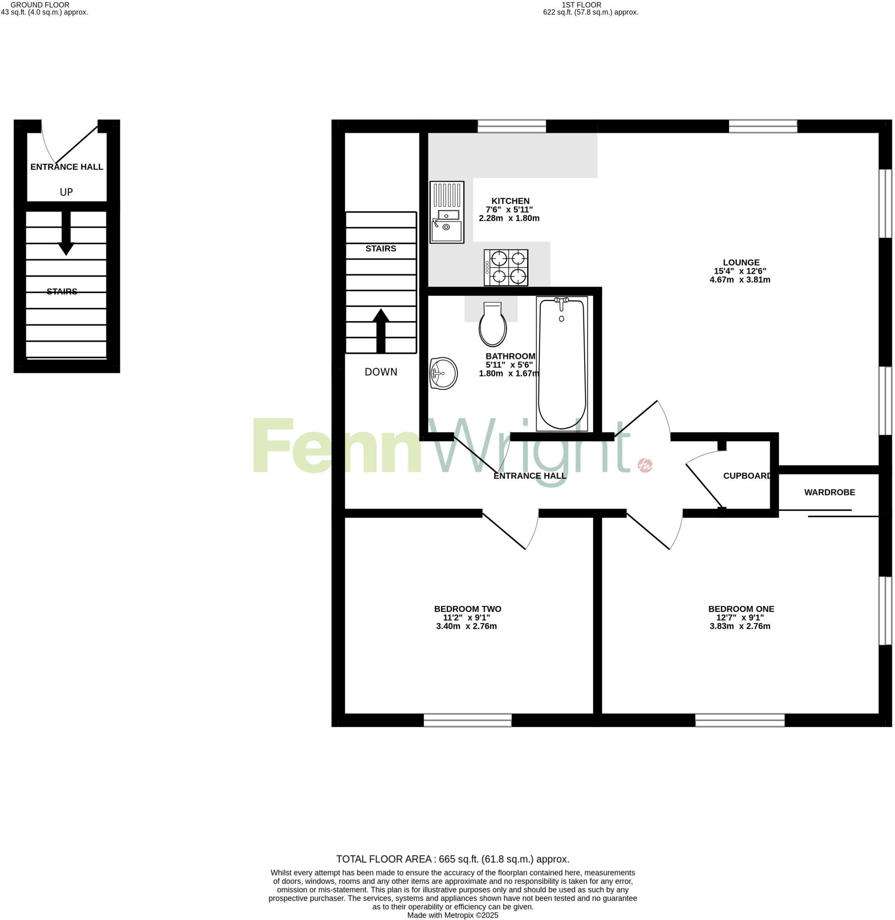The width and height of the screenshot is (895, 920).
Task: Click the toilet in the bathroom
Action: click(493, 324)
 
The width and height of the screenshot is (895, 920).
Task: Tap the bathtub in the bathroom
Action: click(562, 364)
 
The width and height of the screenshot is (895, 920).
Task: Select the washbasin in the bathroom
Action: click(443, 373)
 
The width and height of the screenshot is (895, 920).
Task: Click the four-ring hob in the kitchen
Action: click(506, 267)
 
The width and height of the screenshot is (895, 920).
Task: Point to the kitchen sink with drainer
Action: click(446, 212)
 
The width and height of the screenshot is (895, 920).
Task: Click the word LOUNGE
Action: click(741, 263)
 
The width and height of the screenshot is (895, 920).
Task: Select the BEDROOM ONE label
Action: click(741, 609)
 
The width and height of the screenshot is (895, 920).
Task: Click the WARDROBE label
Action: click(829, 492)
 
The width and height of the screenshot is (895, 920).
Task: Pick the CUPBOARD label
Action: click(747, 476)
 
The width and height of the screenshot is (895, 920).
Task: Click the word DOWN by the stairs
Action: click(381, 372)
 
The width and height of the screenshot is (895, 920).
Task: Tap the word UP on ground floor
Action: click(66, 192)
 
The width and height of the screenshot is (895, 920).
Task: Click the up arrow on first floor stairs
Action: click(381, 331)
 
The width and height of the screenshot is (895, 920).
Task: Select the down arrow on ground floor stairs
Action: click(66, 233)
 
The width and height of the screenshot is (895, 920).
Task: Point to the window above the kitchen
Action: click(511, 126)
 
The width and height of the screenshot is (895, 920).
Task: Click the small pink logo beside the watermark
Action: click(644, 465)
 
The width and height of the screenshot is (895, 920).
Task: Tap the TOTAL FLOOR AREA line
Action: click(453, 859)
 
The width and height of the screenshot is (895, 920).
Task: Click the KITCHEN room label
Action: click(510, 201)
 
